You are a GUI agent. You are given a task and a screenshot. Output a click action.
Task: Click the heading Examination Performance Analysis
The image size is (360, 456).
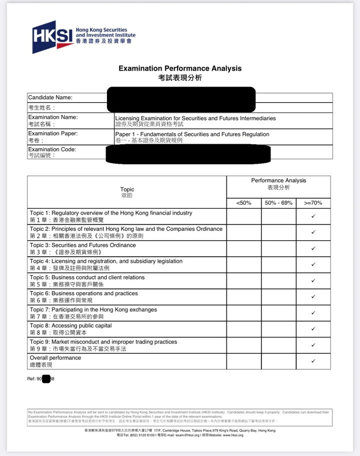tap(180, 68)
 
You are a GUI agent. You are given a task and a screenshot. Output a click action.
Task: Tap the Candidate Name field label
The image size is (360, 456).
tap(50, 98)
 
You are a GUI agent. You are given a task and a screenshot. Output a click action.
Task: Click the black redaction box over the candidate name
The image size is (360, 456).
tap(181, 99)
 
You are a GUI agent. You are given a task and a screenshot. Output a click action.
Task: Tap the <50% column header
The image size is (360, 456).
tap(243, 203)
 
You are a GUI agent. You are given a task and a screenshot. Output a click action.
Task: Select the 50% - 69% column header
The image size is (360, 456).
tap(278, 203)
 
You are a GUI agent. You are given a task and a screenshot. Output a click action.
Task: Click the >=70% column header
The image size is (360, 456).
tap(313, 203)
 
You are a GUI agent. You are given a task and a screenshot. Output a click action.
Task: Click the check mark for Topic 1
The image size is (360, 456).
tap(313, 216)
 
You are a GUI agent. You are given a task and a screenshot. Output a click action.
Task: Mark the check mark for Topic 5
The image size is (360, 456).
tap(313, 281)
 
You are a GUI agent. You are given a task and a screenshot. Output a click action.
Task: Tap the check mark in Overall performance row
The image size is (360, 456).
tap(313, 361)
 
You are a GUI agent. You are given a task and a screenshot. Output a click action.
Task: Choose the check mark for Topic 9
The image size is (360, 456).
tap(313, 345)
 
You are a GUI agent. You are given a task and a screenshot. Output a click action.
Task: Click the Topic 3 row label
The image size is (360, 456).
tap(82, 248)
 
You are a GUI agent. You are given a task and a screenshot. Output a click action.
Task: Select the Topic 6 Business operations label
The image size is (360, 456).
tap(83, 297)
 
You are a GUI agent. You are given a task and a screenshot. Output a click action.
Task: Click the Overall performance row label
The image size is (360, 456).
tap(55, 361)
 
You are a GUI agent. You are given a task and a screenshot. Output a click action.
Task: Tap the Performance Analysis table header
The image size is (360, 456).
tap(278, 183)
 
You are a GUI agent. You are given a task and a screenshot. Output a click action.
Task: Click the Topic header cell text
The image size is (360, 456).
tap(127, 192)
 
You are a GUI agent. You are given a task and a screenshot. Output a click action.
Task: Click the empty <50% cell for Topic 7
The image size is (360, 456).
tap(243, 313)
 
